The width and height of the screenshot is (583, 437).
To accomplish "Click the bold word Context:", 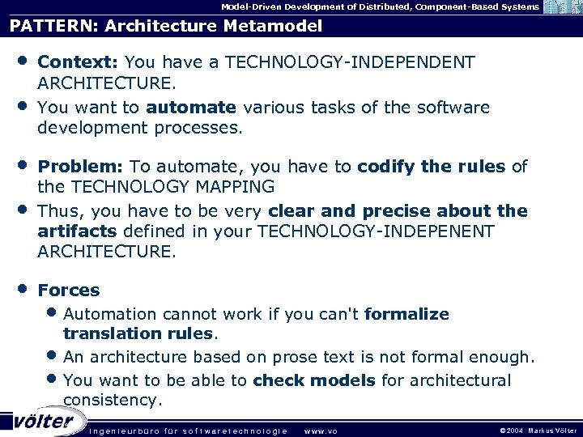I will (x=79, y=62).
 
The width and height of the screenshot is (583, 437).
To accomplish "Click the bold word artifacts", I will (x=77, y=231).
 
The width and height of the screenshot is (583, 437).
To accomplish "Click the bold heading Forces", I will (x=69, y=290).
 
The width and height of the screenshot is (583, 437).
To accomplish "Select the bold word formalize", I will (x=406, y=314).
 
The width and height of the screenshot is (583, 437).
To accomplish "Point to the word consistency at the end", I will (x=111, y=401).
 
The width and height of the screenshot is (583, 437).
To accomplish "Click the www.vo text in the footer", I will (x=320, y=431).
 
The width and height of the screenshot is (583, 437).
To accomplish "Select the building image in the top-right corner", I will (x=563, y=7).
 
